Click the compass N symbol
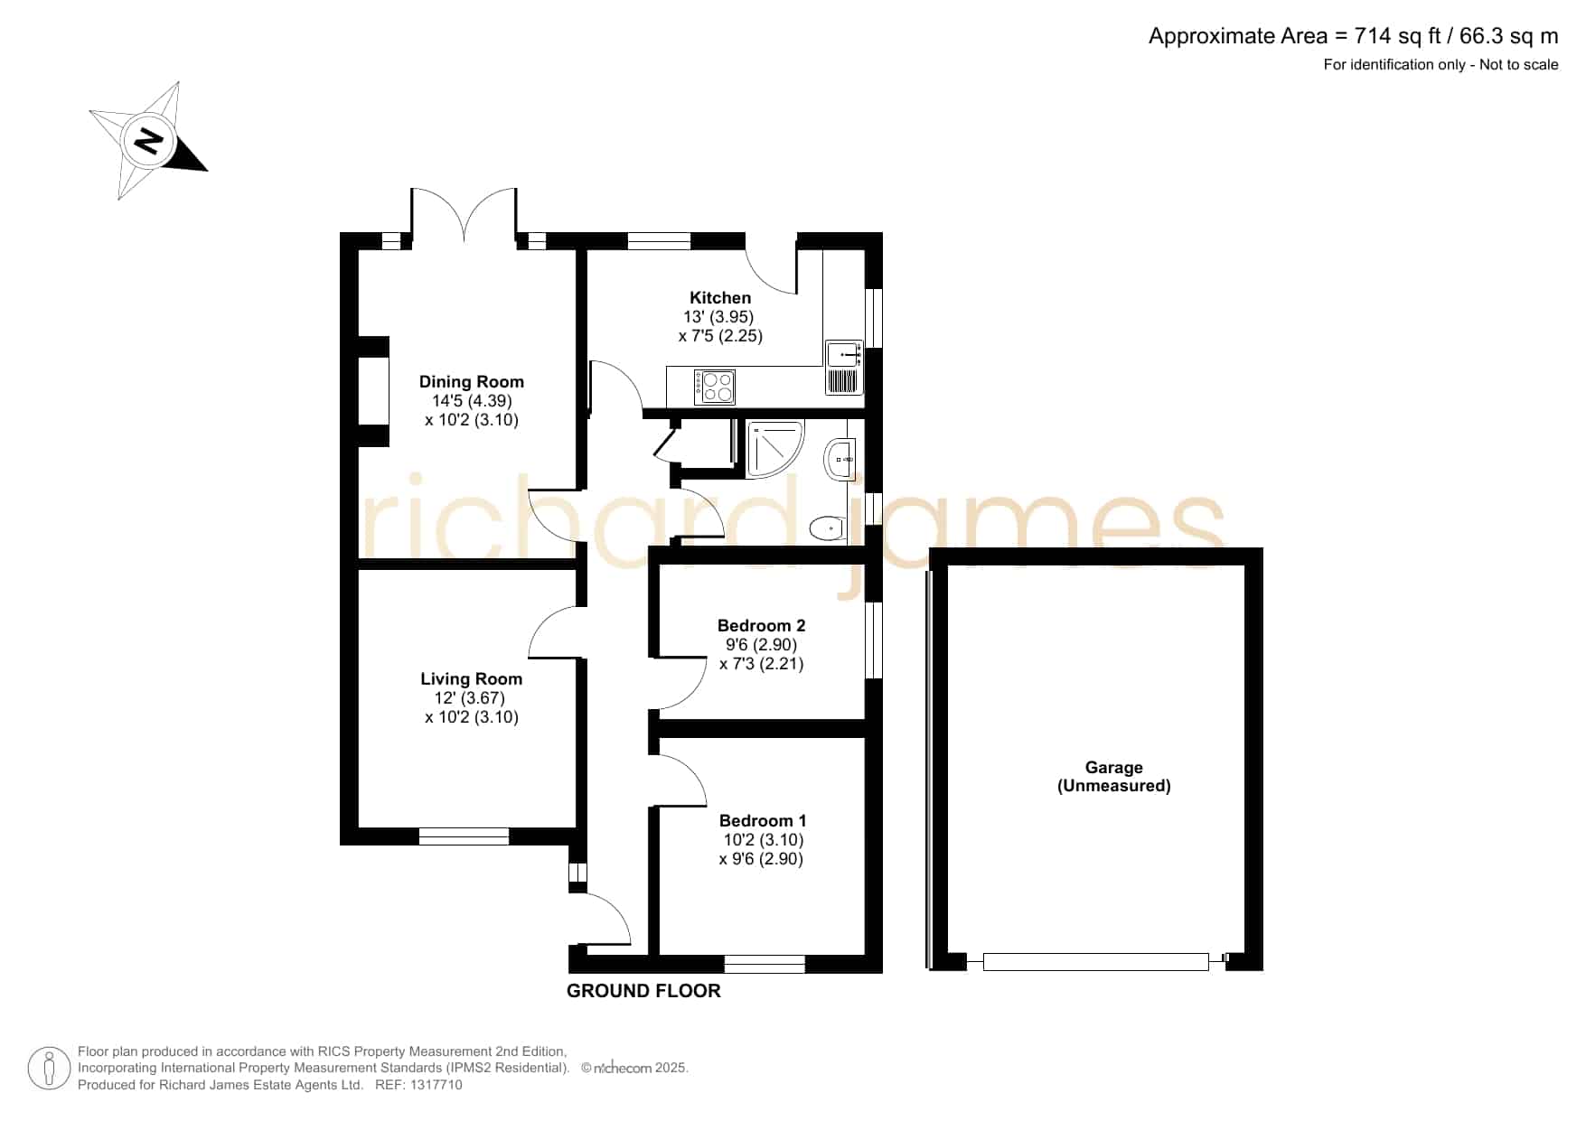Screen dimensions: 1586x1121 [x=148, y=141]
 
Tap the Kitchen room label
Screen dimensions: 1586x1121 [x=720, y=298]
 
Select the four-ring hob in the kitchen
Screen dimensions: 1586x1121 [x=715, y=388]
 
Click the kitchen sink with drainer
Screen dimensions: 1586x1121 [x=844, y=368]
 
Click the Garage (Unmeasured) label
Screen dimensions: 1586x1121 [x=1114, y=777]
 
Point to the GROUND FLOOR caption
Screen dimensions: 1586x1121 [x=643, y=991]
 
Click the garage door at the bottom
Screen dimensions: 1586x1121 [x=1095, y=962]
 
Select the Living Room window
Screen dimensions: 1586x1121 [x=464, y=836]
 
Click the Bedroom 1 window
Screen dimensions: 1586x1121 [x=765, y=964]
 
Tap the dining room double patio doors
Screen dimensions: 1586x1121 [x=464, y=215]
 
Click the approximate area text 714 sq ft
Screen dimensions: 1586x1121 [x=1398, y=36]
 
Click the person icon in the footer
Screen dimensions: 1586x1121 [x=49, y=1069]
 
